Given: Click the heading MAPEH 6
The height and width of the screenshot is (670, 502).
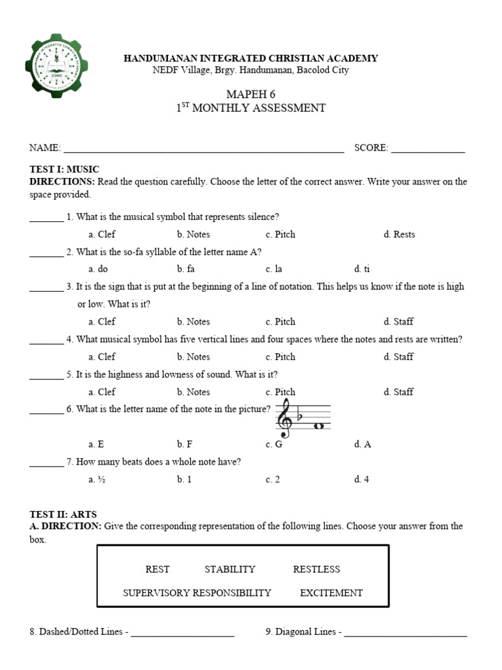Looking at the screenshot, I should click(x=250, y=94).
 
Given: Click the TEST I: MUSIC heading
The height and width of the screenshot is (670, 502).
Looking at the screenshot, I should click(x=64, y=169).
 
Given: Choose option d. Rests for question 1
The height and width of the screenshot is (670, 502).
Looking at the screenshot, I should click(x=399, y=234).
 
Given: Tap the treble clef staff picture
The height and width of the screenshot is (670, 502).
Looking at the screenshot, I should click(x=303, y=419).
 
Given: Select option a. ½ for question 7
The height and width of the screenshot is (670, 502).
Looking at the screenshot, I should click(x=97, y=480).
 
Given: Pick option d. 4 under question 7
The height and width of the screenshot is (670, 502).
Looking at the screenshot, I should click(x=361, y=480).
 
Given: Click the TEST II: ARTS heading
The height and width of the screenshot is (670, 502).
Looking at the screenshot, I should click(x=63, y=514).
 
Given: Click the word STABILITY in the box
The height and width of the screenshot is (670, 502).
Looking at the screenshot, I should click(x=229, y=569).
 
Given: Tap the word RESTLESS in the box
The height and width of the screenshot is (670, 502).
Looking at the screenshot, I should click(x=316, y=569).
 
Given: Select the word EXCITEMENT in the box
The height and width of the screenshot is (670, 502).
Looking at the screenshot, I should click(x=331, y=593).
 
